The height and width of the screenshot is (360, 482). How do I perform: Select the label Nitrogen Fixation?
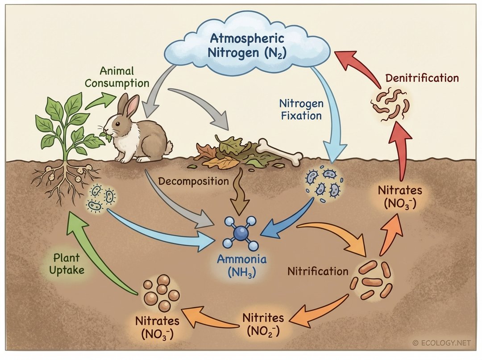tap(300, 109)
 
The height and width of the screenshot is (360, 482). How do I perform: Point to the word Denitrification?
tap(422, 78)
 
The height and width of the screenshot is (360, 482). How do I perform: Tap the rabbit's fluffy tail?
tap(168, 147)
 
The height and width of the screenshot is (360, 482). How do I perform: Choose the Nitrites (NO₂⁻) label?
tap(263, 324)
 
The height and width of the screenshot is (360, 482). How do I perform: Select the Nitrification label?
tap(318, 271)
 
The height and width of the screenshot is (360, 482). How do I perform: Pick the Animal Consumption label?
tap(117, 77)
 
